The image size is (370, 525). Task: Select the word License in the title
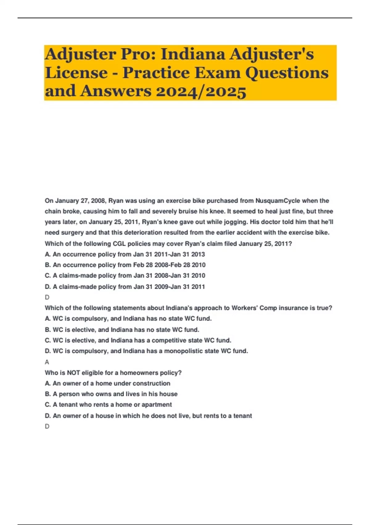point(76,73)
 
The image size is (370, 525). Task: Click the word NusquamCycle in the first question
point(277,201)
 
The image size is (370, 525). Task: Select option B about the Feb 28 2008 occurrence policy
point(125,265)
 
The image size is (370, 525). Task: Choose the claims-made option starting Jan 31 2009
point(125,287)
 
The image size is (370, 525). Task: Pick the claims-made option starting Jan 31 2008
point(125,275)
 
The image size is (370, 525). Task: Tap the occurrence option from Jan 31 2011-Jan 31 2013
point(125,254)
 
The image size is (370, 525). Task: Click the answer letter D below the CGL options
point(47,297)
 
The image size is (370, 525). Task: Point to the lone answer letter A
point(47,362)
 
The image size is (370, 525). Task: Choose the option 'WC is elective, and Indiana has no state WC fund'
point(122,330)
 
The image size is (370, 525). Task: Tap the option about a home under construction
point(107,383)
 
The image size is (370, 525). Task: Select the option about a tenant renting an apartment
point(108,405)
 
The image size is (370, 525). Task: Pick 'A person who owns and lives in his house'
point(111,394)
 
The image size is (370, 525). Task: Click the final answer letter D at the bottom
point(47,426)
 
